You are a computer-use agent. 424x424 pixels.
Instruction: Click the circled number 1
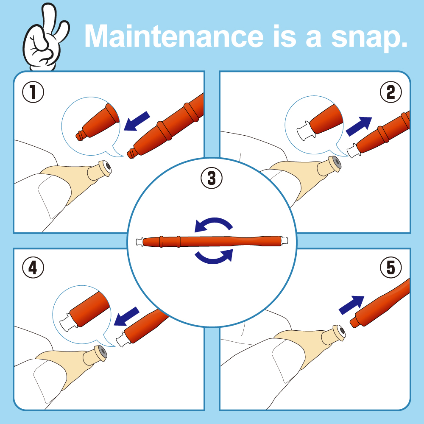[33, 92]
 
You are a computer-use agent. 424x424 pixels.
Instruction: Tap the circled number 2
[391, 92]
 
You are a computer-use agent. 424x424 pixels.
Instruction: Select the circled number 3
[212, 179]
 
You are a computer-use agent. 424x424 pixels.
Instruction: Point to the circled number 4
[33, 268]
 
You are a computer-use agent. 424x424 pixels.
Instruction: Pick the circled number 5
[391, 268]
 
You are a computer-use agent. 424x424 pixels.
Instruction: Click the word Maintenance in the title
[174, 36]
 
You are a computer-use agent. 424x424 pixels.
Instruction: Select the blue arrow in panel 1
[137, 121]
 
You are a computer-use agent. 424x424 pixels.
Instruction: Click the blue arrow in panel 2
[359, 126]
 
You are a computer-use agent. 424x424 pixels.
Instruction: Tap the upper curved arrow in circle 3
[214, 224]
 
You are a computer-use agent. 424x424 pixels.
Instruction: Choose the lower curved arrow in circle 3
[214, 257]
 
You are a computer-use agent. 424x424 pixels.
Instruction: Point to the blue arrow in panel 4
[126, 316]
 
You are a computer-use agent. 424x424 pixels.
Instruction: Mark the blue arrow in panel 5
[351, 305]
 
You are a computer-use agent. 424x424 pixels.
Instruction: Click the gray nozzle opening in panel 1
[108, 167]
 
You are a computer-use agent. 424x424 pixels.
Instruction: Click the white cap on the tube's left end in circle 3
[139, 242]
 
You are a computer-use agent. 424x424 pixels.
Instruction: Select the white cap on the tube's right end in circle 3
[285, 240]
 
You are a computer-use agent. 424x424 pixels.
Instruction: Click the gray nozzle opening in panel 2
[337, 162]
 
